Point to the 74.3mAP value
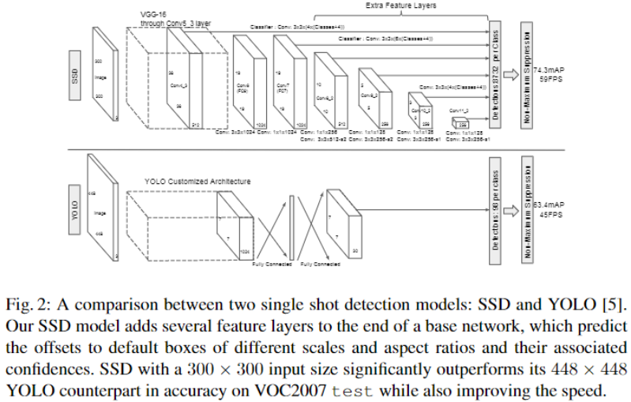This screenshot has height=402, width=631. click(x=552, y=70)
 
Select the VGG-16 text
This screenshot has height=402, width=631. click(x=152, y=14)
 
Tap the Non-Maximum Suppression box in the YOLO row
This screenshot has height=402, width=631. click(x=528, y=209)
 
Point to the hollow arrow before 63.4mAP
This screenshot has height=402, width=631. click(x=511, y=209)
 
